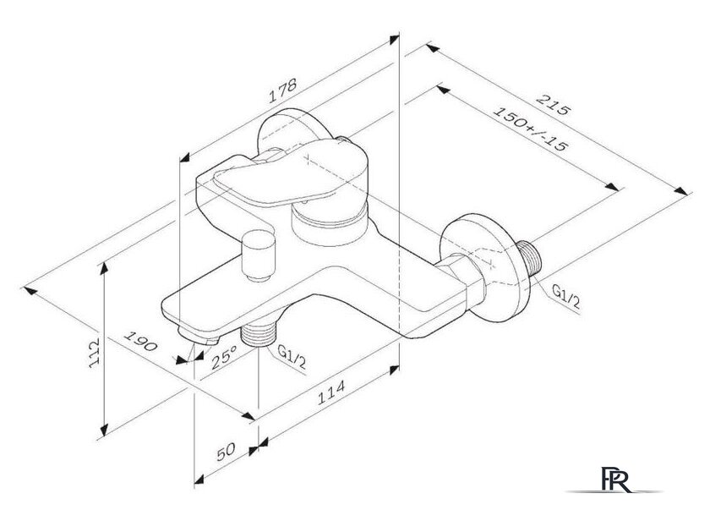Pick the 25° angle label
click(223, 358)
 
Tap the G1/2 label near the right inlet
click(566, 298)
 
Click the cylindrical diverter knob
click(256, 253)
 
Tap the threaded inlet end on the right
click(530, 256)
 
